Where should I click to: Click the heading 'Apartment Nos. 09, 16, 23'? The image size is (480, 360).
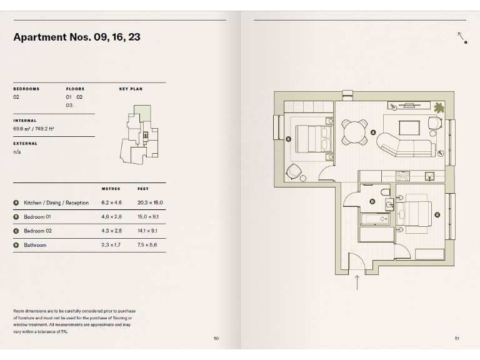pos(77,37)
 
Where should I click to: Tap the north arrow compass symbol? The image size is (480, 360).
pos(461,37)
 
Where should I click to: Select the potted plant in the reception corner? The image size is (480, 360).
pos(439,107)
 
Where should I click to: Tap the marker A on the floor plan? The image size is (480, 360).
pos(373,132)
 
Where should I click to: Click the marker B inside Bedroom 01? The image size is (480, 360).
pos(288,139)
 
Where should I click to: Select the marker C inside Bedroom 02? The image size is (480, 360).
pos(437,215)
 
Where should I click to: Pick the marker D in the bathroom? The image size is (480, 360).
pos(372,201)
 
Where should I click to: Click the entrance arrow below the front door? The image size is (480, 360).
pos(356,282)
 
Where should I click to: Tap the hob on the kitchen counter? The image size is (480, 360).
pos(402,176)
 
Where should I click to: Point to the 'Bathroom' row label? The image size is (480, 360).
pos(35,245)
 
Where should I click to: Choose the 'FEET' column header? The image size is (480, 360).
pos(143,188)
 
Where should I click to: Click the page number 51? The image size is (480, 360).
pos(457,339)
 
